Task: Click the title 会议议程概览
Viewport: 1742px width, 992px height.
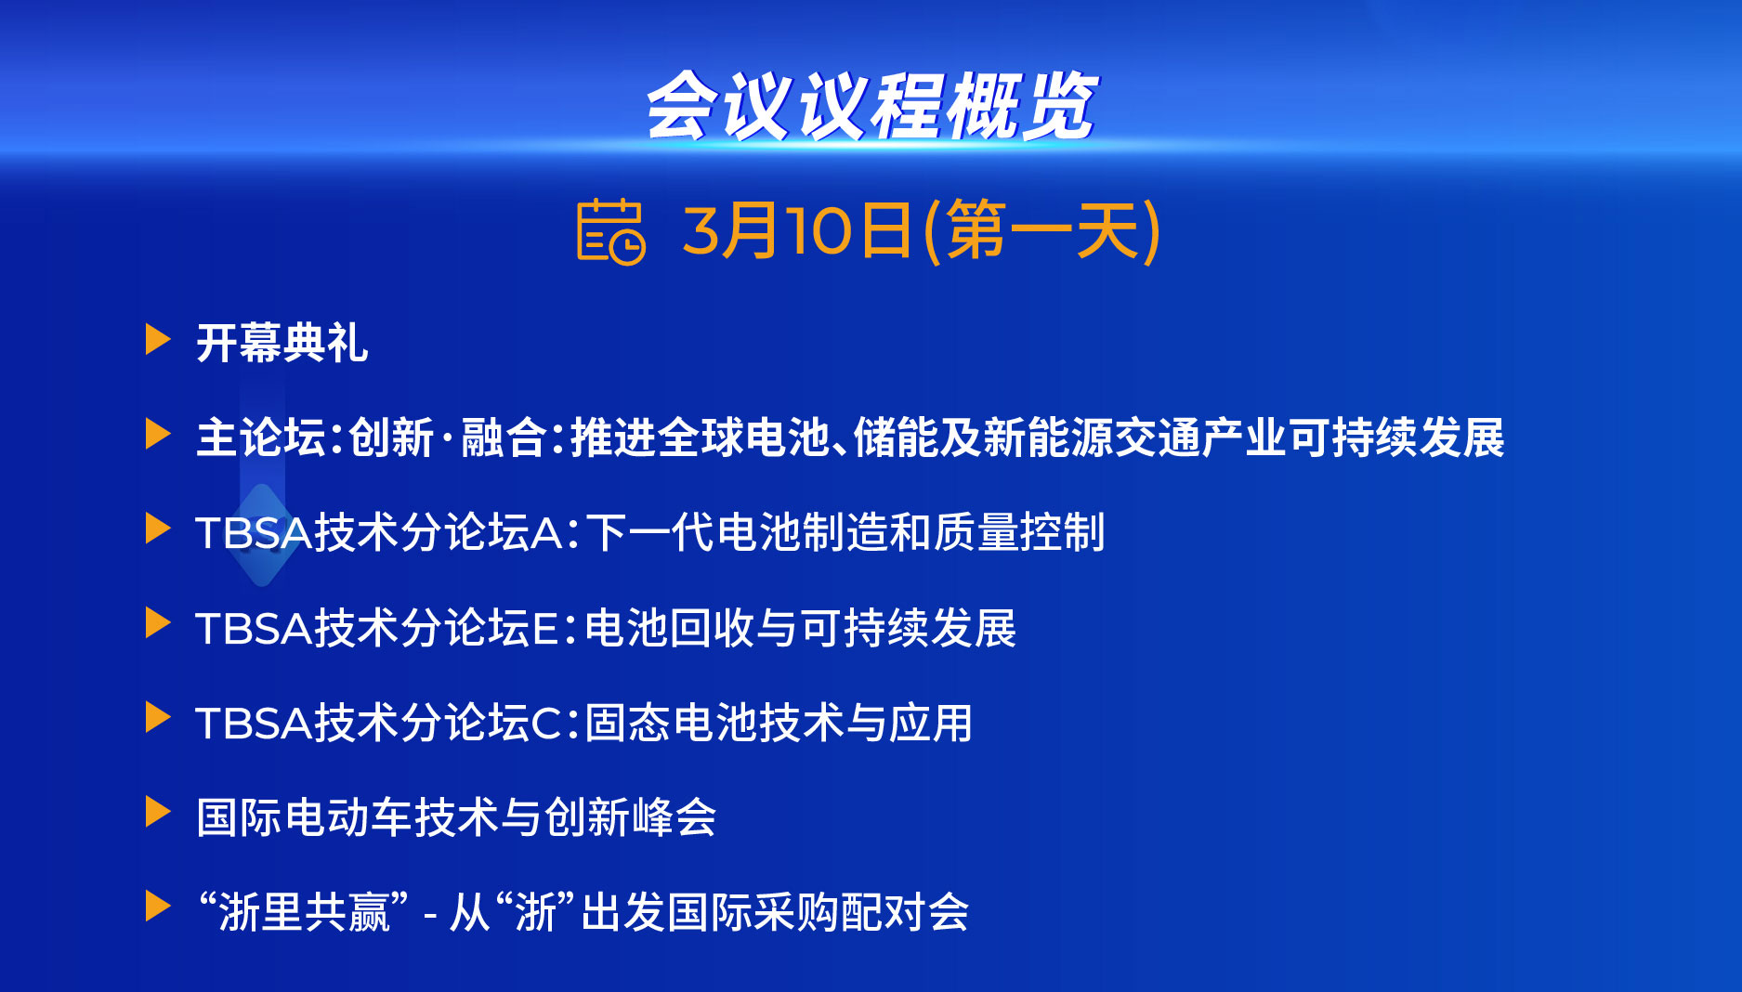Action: tap(871, 106)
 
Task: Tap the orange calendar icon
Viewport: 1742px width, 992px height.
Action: tap(610, 231)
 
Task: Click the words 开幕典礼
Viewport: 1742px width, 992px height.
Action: tap(282, 343)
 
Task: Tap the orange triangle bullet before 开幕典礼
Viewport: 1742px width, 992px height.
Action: tap(158, 339)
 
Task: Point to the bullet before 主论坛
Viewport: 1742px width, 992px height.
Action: tap(158, 434)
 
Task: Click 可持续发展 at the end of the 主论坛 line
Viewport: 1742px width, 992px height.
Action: tap(1396, 437)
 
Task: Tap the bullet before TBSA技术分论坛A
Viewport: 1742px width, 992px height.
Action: tap(158, 529)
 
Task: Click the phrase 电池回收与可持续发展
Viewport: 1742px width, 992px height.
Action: tap(801, 628)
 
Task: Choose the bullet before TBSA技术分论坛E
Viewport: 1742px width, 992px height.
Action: tap(158, 623)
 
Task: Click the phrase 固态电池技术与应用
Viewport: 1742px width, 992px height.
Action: tap(779, 723)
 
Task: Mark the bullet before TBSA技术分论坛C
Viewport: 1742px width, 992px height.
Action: tap(158, 718)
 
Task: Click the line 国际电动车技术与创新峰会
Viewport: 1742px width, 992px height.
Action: tap(456, 817)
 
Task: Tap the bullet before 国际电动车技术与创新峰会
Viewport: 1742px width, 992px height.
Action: tap(158, 813)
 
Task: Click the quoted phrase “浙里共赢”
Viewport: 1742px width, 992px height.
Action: tap(304, 911)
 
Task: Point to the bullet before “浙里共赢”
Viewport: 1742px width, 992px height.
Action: tap(158, 907)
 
